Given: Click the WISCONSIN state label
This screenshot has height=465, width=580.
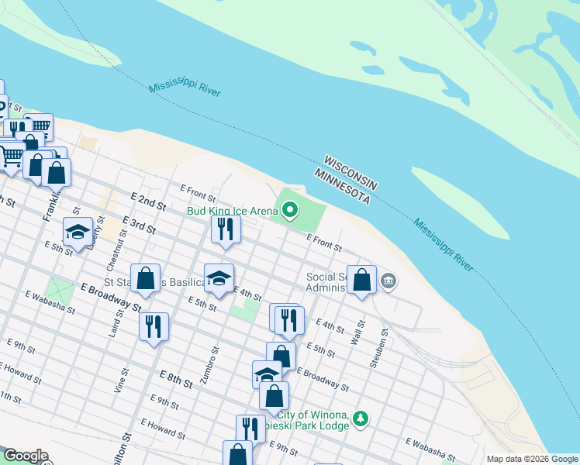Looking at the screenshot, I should coord(350,171).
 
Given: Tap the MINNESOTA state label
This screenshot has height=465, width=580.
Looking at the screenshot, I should coord(342,187).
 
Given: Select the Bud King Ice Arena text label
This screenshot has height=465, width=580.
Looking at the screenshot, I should coord(232,210).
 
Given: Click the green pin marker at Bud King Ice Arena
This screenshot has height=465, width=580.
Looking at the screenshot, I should coord(290,209).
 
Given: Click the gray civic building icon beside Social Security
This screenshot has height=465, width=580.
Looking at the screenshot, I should coord(389,281).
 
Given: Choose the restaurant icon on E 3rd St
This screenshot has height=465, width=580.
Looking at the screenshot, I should coord(226,229).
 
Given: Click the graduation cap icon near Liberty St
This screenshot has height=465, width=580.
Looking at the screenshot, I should coord(78,232).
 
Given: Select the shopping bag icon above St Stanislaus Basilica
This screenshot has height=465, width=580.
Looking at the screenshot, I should coord(145,278).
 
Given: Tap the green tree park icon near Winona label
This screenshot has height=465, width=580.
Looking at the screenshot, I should coord(360,419).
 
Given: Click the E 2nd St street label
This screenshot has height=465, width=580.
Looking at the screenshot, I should coord(149,204).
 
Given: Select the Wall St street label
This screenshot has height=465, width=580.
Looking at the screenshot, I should coord(357,332).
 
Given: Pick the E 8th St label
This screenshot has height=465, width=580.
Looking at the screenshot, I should coord(176,380).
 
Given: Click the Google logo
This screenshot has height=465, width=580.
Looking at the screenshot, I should coord(25,456).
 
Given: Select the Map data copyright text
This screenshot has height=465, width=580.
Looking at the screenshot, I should coord(531,459).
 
